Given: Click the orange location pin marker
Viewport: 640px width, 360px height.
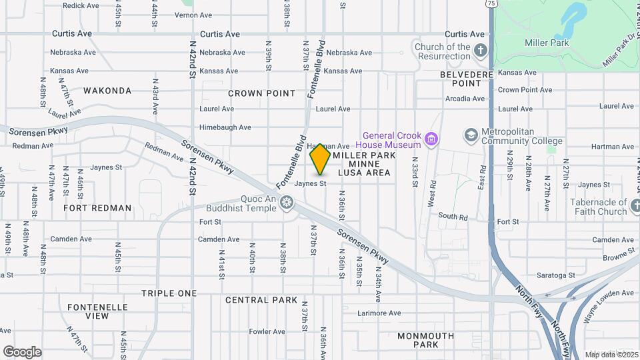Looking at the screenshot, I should click(320, 158).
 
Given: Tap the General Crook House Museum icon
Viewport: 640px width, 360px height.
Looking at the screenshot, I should click(431, 139).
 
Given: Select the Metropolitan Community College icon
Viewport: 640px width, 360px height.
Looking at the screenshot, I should click(471, 136).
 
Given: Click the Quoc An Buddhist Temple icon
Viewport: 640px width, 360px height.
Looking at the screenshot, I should click(287, 202).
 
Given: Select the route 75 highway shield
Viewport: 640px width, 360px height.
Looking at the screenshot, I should click(491, 3).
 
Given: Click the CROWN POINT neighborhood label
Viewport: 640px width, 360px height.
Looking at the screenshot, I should click(261, 93).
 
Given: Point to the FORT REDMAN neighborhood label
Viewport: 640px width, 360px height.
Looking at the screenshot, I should click(98, 208).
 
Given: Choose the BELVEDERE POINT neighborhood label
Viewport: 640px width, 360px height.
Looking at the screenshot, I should click(466, 79).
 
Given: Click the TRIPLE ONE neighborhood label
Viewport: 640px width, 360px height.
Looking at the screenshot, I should click(169, 293).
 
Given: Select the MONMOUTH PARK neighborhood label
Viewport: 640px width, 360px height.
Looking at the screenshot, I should click(425, 340).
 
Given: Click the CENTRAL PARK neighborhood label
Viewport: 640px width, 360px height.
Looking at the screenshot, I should click(261, 300).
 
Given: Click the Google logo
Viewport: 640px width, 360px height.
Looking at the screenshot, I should click(22, 351).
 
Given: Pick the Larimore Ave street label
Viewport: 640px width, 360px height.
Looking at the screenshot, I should click(380, 313).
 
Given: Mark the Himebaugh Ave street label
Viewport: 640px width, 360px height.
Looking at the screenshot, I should click(225, 127).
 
